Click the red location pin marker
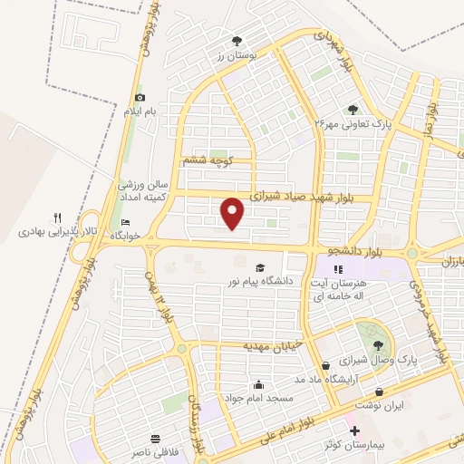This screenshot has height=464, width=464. click(x=234, y=213)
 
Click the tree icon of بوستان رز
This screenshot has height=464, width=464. click(x=237, y=41)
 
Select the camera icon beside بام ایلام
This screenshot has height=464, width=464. click(x=139, y=98)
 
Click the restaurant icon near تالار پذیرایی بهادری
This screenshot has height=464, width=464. click(x=57, y=217)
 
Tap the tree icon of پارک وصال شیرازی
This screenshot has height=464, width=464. click(x=377, y=344)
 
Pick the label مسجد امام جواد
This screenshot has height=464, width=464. click(x=258, y=398)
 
